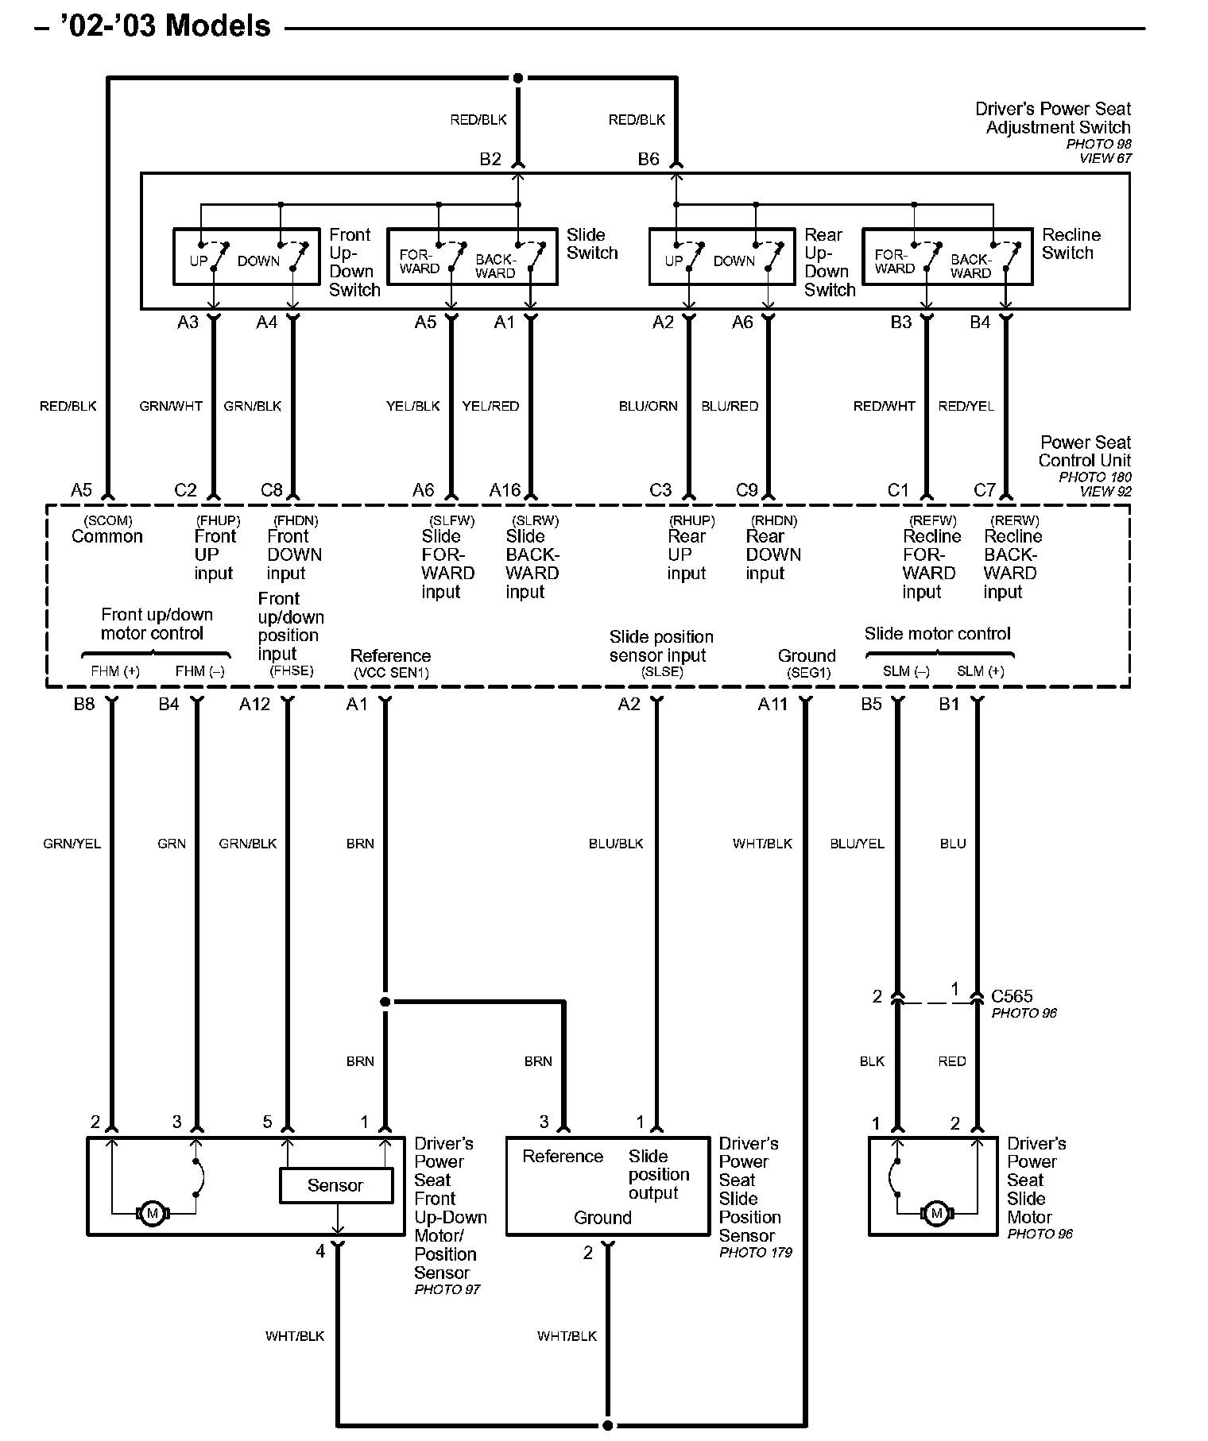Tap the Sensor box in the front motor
(x=335, y=1185)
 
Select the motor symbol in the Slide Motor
(x=936, y=1213)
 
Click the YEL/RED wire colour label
(x=490, y=406)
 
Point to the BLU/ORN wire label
(x=648, y=406)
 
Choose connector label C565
(x=1012, y=996)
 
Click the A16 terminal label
(x=505, y=490)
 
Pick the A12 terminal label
(x=255, y=704)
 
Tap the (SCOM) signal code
(x=107, y=520)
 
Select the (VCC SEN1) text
(x=391, y=672)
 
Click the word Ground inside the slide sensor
(x=602, y=1218)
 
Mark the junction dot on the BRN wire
(x=385, y=1002)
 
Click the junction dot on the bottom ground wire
(x=608, y=1425)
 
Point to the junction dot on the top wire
(x=518, y=78)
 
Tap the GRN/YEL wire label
(x=72, y=844)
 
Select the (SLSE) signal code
(x=662, y=672)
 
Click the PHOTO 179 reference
(x=755, y=1253)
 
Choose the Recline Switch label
(x=1071, y=244)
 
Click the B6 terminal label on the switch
(x=649, y=159)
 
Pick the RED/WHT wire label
(x=884, y=406)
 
